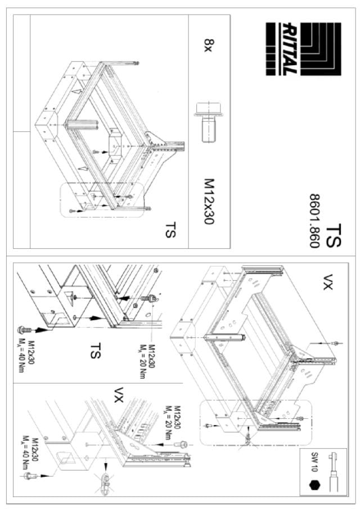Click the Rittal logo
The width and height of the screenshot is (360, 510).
303,49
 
